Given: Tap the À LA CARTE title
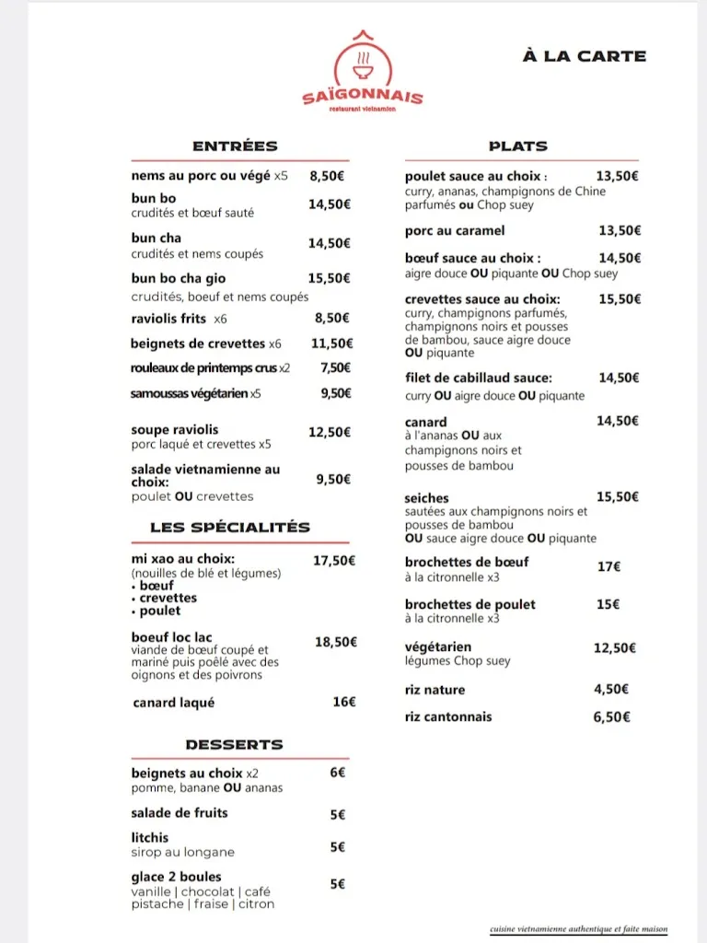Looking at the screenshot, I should coord(584,56).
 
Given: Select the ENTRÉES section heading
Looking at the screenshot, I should coord(235,146).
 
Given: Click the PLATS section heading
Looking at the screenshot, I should coord(517,146).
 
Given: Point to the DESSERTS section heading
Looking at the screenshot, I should coord(234,744).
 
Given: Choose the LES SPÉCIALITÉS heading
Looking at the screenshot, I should coord(230,527).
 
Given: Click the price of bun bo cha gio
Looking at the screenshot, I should coord(329,278).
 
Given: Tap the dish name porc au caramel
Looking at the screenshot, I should coord(455,230).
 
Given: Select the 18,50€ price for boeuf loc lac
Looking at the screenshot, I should coord(336,642).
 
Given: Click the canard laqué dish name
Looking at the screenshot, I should coord(174,703).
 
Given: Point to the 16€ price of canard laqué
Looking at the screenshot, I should coord(343,702).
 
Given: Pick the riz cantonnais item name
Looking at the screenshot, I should coord(448,716).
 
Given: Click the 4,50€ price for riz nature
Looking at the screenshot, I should coord(611,689).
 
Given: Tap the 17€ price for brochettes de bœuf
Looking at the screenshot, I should coord(608,567).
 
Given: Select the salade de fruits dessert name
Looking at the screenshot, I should coord(180,812).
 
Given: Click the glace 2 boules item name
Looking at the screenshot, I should coord(176,877).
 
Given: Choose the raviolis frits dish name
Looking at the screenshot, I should coord(168,319).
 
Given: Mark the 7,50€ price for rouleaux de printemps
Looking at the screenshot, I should coord(335,367).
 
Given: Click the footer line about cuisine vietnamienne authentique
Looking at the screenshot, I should coord(578,929).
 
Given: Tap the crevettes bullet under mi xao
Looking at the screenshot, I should coord(168,598).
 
